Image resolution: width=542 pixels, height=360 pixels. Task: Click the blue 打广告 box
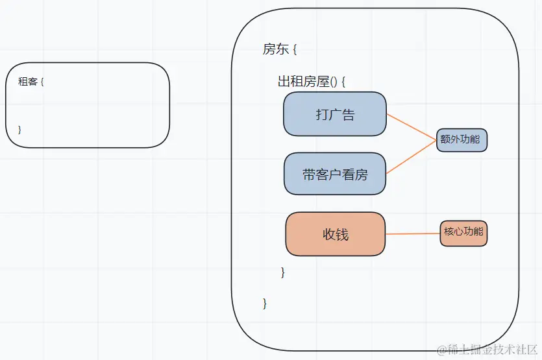click(x=335, y=114)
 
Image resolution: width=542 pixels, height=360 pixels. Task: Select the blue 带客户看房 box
click(x=335, y=174)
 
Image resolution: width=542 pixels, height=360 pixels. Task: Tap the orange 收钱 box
click(x=336, y=234)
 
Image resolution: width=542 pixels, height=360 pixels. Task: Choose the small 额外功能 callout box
click(x=462, y=139)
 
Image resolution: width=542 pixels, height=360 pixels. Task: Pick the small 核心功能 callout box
click(x=463, y=232)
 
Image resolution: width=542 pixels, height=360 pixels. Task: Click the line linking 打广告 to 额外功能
click(x=412, y=127)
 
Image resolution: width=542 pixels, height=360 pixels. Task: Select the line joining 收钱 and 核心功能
click(x=413, y=234)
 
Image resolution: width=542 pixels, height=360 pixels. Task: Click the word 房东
click(x=273, y=49)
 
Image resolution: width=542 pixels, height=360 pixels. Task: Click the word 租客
click(x=27, y=82)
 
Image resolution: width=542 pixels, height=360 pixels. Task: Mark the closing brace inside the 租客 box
click(x=20, y=129)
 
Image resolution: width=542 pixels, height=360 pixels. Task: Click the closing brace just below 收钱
click(x=283, y=272)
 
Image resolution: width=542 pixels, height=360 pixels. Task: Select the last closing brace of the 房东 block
click(x=265, y=303)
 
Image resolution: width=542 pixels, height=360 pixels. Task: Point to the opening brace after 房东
click(x=294, y=50)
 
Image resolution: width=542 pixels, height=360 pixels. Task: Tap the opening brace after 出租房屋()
click(x=343, y=82)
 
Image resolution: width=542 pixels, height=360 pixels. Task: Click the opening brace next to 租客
click(x=42, y=82)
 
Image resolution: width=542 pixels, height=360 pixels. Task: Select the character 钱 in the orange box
click(x=343, y=234)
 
